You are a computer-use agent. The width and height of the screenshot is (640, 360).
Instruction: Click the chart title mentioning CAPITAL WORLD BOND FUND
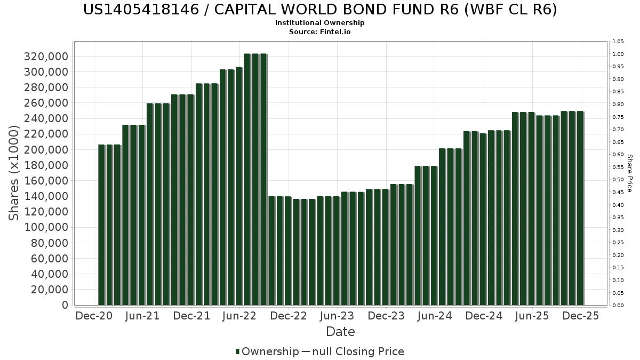(320, 10)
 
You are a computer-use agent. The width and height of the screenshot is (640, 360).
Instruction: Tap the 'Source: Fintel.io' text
(320, 32)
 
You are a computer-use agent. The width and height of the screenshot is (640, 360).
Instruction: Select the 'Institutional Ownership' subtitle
(320, 23)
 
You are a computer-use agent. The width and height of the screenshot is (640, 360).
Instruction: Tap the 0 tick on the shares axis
(65, 305)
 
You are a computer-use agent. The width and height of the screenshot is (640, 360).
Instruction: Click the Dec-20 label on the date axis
(94, 316)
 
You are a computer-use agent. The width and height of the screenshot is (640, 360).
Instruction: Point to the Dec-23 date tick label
(387, 316)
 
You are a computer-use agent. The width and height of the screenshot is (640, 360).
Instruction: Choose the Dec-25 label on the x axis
(582, 316)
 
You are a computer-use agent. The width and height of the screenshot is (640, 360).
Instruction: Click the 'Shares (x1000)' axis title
(14, 173)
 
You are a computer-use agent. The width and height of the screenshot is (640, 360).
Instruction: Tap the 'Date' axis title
(340, 332)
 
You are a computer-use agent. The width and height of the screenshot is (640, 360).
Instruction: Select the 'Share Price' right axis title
(629, 173)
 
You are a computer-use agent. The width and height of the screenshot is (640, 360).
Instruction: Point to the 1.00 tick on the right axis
(618, 54)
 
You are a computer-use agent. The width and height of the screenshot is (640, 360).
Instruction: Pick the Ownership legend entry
(267, 351)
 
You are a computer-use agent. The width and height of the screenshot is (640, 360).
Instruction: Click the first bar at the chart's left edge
(101, 225)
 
